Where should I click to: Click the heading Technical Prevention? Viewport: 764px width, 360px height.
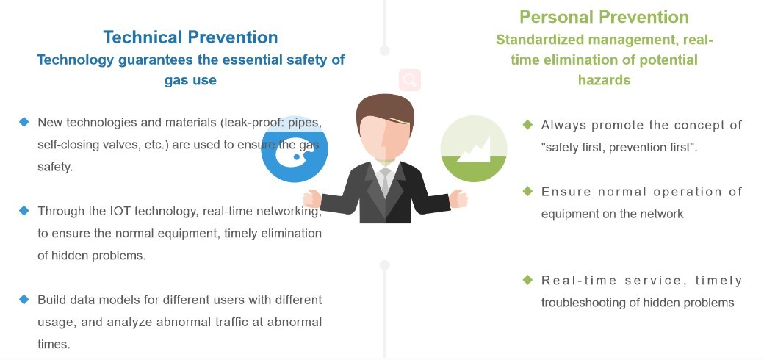(x=190, y=37)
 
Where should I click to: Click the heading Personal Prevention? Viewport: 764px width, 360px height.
(x=604, y=17)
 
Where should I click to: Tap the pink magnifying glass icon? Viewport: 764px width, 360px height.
(x=410, y=80)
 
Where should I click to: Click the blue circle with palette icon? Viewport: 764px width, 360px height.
(x=295, y=149)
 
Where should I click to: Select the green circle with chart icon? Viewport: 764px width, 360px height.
(x=474, y=149)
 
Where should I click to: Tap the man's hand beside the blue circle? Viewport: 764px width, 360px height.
(x=311, y=199)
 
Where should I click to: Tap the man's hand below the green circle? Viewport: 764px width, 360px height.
(x=458, y=199)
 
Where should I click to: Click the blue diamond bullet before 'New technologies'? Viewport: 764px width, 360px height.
(x=24, y=122)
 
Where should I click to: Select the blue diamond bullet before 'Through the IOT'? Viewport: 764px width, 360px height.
(x=24, y=210)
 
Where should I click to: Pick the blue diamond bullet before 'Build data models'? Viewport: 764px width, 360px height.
(x=24, y=299)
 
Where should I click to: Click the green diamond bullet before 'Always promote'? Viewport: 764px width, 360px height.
(x=527, y=125)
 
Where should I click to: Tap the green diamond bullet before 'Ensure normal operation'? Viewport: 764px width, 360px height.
(x=527, y=191)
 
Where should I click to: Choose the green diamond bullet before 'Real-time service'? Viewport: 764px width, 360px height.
(x=527, y=280)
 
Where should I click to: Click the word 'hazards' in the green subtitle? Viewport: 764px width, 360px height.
(x=604, y=80)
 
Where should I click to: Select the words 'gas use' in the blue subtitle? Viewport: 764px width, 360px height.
(x=190, y=80)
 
